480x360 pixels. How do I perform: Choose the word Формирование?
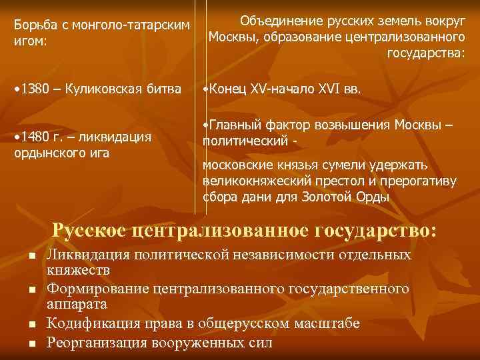99,289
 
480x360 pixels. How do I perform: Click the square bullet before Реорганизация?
31,343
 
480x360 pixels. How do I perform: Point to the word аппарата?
77,305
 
